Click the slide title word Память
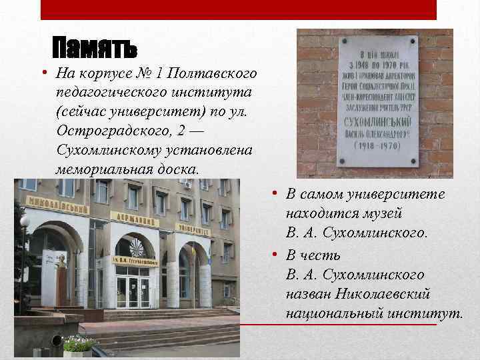pyautogui.click(x=95, y=48)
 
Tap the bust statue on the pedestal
pyautogui.click(x=61, y=260)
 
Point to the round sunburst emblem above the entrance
pyautogui.click(x=136, y=248)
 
